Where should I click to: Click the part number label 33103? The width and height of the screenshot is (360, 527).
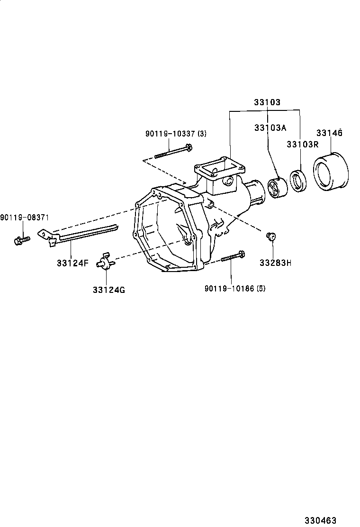tap(267, 102)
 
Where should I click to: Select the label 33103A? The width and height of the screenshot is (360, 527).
tap(270, 127)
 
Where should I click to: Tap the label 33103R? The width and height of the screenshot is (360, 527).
tap(302, 144)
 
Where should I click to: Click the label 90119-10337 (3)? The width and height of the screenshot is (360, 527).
tap(176, 134)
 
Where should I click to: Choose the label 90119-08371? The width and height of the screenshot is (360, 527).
tap(24, 217)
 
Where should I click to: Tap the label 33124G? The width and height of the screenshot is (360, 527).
tap(109, 290)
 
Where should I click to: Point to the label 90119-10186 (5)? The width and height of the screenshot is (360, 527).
tap(235, 288)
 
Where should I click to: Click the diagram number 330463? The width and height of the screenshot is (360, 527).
tap(321, 520)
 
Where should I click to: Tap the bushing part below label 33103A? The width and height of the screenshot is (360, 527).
tap(277, 187)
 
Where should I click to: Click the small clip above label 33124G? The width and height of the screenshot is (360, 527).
tap(105, 262)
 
